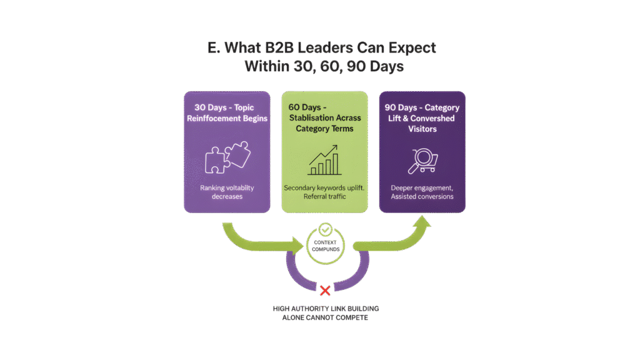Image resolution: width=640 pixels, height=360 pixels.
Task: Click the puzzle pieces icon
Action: (227, 157)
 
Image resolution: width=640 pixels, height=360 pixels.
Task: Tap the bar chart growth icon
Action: (324, 160)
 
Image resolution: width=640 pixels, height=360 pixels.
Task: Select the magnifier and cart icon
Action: (423, 161)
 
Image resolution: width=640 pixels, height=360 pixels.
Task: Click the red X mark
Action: (325, 291)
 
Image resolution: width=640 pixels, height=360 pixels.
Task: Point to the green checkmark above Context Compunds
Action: (325, 229)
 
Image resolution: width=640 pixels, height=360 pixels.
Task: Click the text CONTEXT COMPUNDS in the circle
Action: (325, 246)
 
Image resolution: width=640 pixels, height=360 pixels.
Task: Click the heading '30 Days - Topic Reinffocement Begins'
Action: (227, 113)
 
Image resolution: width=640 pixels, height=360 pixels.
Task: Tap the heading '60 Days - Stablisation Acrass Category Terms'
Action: (324, 118)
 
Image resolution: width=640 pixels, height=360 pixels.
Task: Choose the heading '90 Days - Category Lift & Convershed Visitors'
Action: (422, 118)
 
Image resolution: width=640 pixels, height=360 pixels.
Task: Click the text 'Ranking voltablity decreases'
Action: (227, 192)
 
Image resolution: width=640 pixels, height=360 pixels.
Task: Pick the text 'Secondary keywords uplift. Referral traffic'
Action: (324, 192)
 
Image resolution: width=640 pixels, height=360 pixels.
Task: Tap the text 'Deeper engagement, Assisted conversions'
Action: (422, 192)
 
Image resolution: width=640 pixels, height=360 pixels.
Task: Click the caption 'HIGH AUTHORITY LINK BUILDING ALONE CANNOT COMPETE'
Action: (325, 313)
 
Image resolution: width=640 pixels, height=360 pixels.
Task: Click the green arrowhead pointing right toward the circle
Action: (297, 245)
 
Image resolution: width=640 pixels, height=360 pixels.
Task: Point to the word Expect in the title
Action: (412, 48)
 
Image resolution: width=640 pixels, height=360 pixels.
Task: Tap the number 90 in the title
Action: (356, 66)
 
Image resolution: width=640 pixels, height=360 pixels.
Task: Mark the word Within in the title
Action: (267, 66)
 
